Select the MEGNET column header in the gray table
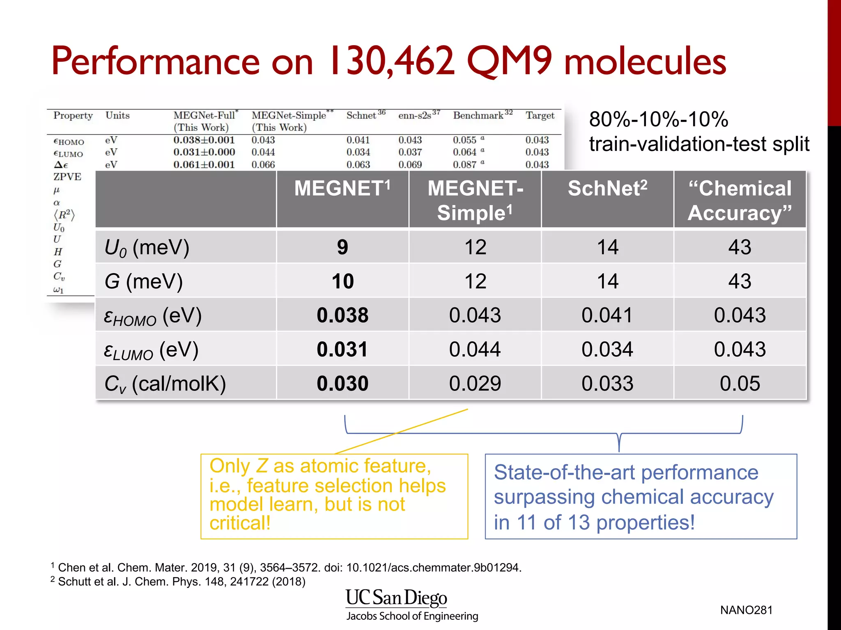[x=342, y=189]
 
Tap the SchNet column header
[x=607, y=189]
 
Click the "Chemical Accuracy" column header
[x=740, y=200]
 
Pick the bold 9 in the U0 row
[x=342, y=247]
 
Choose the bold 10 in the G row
[x=342, y=281]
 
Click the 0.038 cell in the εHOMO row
[x=342, y=315]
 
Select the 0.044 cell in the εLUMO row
[x=475, y=349]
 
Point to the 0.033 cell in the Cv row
[x=607, y=383]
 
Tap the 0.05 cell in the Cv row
[x=740, y=383]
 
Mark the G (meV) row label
[x=143, y=282]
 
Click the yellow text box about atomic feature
[x=334, y=496]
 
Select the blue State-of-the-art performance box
[x=641, y=496]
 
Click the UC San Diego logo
[x=396, y=598]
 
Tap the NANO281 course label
[x=746, y=610]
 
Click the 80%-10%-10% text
[x=658, y=119]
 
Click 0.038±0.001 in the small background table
[x=204, y=140]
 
